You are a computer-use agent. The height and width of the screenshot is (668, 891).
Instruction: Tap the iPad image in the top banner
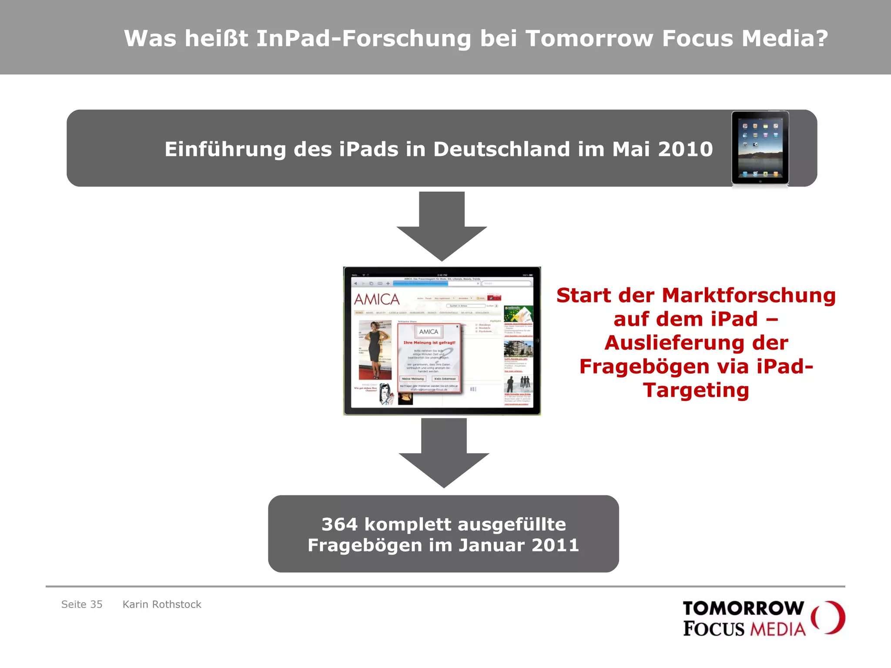pos(760,148)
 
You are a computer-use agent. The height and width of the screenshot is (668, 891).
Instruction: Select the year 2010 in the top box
pos(685,149)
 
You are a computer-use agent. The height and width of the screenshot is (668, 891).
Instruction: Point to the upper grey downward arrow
pos(442,226)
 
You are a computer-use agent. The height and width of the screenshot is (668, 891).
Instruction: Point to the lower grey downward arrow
pos(444,452)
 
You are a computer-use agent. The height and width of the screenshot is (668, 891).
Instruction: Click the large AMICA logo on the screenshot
pos(377,299)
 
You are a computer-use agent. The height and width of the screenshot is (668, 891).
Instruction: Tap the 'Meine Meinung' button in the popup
pos(412,379)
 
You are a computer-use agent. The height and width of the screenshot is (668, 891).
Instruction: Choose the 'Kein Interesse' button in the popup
pos(445,379)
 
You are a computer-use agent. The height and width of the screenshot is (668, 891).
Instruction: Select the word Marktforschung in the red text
pos(748,296)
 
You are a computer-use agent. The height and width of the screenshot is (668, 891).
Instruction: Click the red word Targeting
pos(696,390)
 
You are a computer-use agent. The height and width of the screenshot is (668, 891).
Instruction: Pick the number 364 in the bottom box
pos(339,524)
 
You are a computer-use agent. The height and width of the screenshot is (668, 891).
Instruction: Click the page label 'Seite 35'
pos(82,605)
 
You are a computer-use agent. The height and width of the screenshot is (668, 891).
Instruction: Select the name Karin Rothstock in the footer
pos(162,605)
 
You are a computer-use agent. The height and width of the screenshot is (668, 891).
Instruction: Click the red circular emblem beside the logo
pos(828,618)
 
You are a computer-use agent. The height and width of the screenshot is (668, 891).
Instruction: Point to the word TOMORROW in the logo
pos(743,608)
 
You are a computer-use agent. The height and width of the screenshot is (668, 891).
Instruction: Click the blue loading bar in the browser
pos(420,284)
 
